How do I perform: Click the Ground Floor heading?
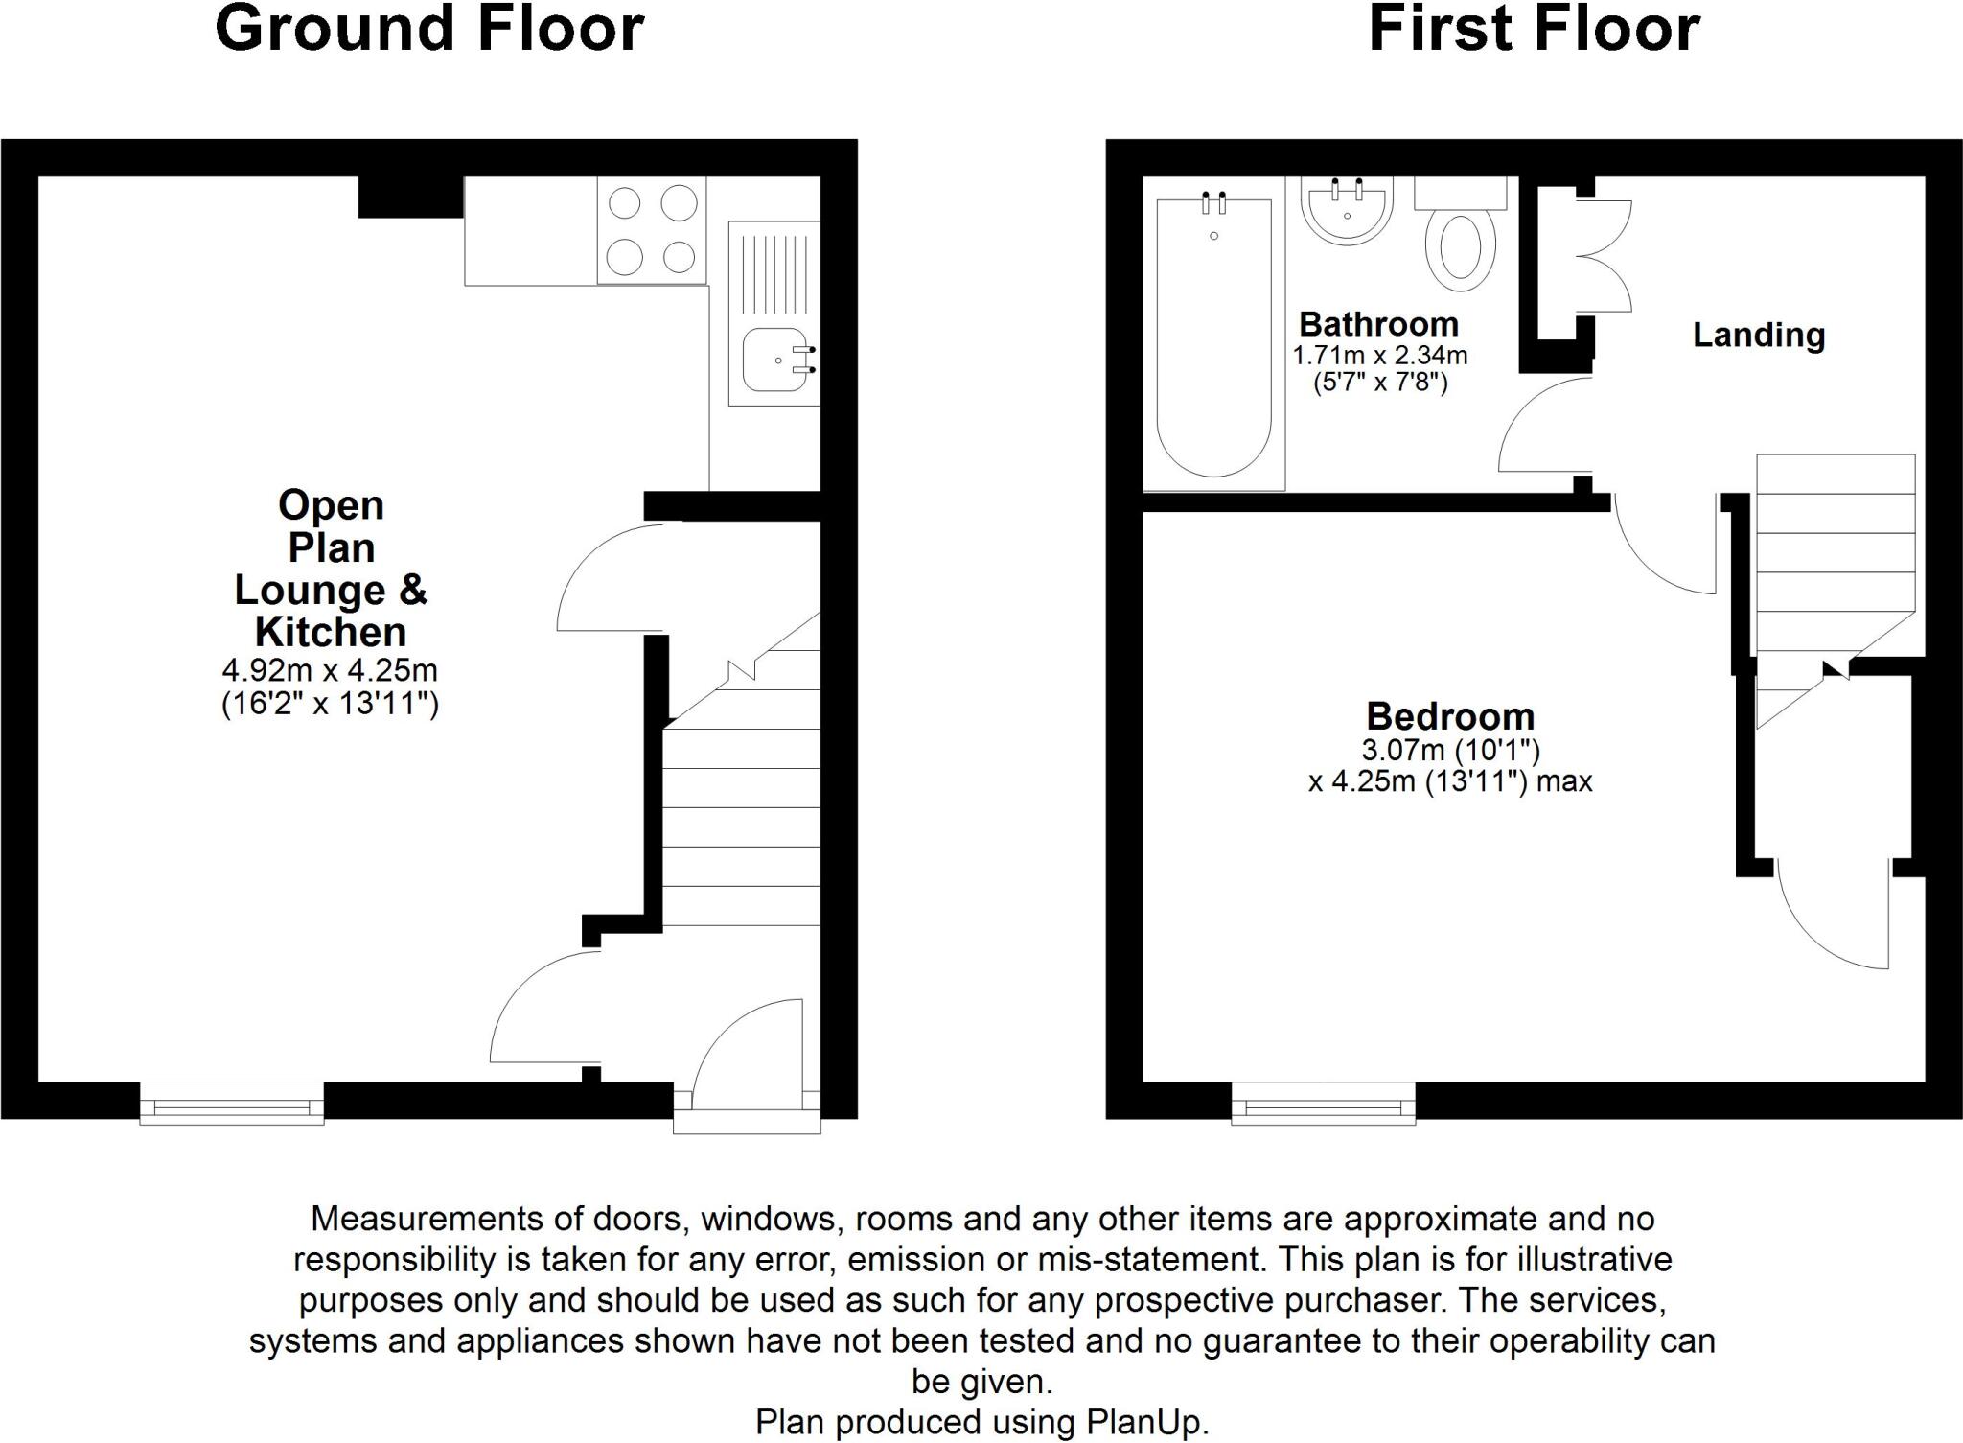pyautogui.click(x=429, y=29)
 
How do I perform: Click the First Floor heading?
pyautogui.click(x=1534, y=29)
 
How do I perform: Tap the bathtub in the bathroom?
pyautogui.click(x=1213, y=340)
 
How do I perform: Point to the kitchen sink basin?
pyautogui.click(x=774, y=361)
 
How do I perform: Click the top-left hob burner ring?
pyautogui.click(x=625, y=203)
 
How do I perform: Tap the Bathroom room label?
pyautogui.click(x=1378, y=324)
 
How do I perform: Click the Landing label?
pyautogui.click(x=1758, y=336)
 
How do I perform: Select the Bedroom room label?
pyautogui.click(x=1449, y=716)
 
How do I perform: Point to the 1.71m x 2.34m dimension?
pyautogui.click(x=1379, y=356)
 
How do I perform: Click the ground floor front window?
pyautogui.click(x=232, y=1103)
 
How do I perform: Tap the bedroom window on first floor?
pyautogui.click(x=1323, y=1103)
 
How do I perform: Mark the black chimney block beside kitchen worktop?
pyautogui.click(x=410, y=198)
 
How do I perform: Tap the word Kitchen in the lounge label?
pyautogui.click(x=330, y=632)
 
